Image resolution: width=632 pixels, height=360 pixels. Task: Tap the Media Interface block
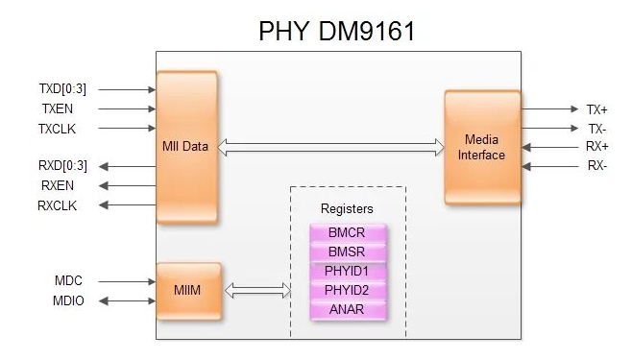(481, 147)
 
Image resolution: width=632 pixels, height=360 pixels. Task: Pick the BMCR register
(348, 233)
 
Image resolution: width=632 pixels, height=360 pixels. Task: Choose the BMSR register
(348, 252)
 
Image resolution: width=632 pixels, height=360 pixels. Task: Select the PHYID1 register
(348, 272)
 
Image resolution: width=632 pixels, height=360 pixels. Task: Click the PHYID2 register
(348, 291)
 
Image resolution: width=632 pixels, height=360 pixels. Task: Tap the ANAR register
(348, 310)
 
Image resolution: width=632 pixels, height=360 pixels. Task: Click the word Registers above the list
(347, 207)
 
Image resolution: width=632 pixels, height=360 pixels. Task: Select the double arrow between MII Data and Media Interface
(330, 147)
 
